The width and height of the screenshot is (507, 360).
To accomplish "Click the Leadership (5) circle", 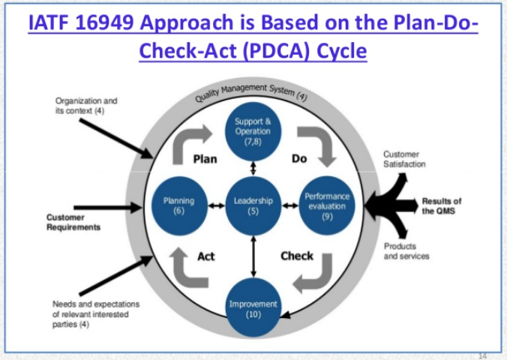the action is click(x=253, y=205).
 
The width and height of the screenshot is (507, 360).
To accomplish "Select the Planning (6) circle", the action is click(x=179, y=205).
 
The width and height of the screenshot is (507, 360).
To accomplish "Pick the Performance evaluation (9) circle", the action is click(x=327, y=205).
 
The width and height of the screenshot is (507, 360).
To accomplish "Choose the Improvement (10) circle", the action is click(x=253, y=307).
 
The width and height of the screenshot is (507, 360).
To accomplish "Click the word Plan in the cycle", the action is click(x=205, y=159).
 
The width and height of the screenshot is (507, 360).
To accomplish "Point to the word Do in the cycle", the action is click(x=299, y=158).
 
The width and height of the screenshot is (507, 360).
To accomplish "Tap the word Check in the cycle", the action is click(x=297, y=256).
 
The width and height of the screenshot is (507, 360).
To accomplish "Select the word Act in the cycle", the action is click(x=206, y=256).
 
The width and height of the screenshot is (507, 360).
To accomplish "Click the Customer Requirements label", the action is click(x=73, y=222).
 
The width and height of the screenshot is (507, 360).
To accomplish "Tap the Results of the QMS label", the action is click(x=441, y=206).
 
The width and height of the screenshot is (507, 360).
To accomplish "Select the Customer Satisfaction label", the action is click(x=404, y=159).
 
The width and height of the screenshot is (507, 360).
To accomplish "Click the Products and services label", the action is click(x=406, y=251).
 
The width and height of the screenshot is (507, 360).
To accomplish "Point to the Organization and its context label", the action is click(x=86, y=106).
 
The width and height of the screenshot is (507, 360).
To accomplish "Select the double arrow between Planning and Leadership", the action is click(x=216, y=205).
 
